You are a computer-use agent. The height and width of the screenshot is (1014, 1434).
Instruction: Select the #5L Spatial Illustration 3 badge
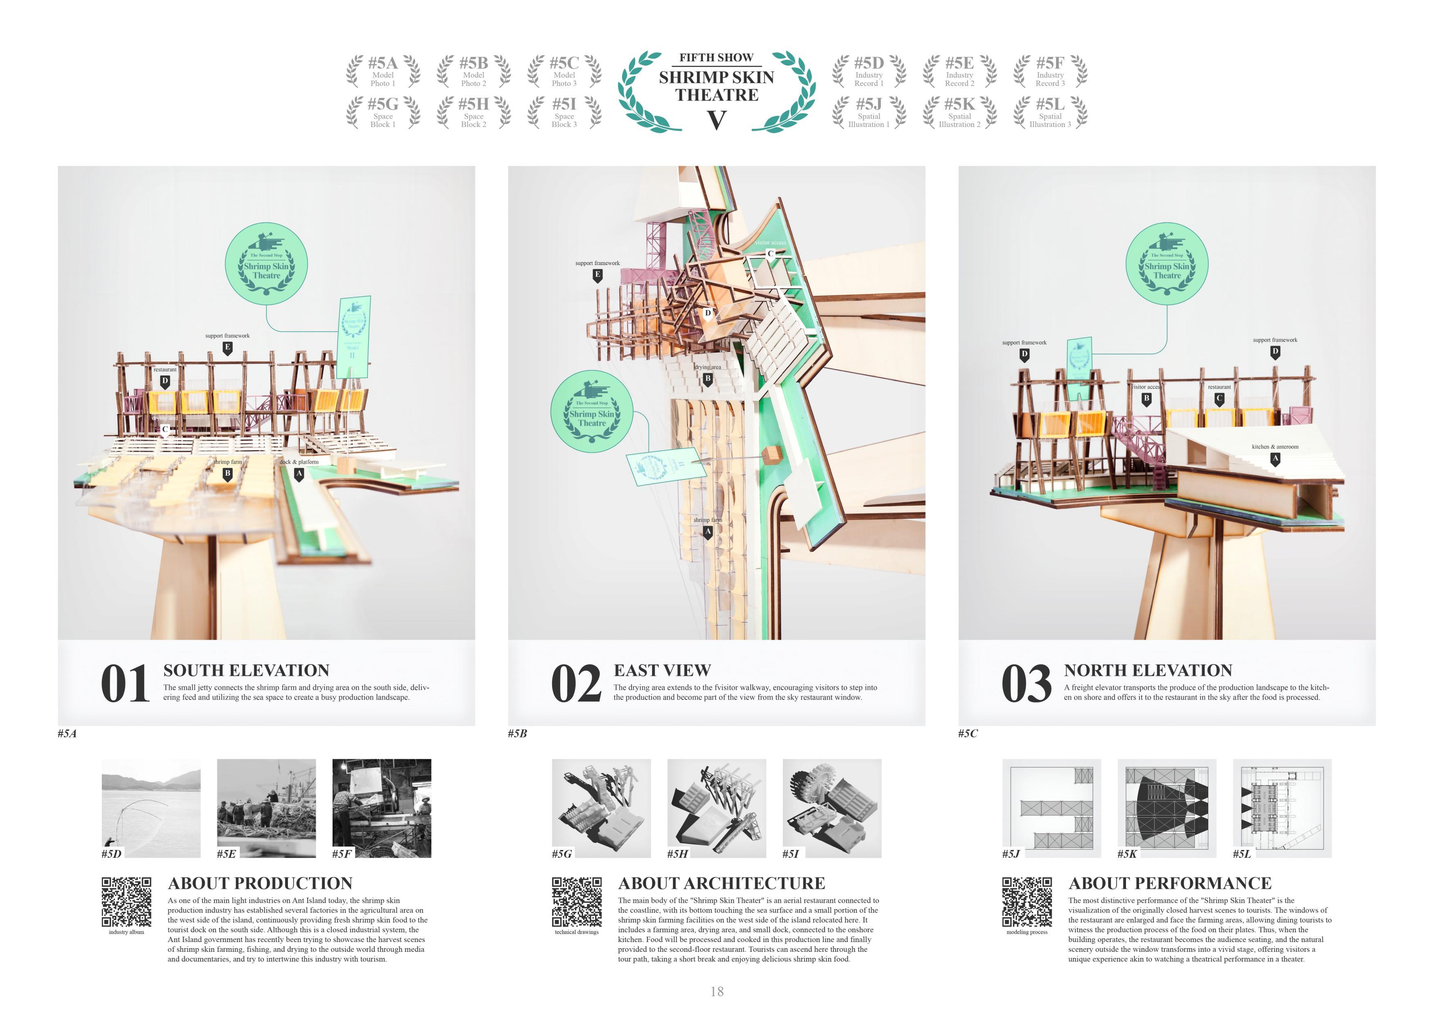coord(1050,112)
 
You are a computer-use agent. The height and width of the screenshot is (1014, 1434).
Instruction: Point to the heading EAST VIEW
coord(662,670)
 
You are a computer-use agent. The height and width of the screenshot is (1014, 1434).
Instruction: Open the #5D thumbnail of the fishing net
coord(151,808)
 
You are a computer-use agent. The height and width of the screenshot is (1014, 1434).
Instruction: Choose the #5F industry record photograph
coord(382,808)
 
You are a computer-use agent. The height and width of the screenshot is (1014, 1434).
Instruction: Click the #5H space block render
coord(716,808)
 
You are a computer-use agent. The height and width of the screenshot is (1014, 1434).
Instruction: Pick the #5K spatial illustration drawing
coord(1167,808)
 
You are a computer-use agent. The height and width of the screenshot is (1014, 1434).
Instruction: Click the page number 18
coord(717,992)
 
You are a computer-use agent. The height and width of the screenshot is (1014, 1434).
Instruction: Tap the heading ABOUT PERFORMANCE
coord(1170,884)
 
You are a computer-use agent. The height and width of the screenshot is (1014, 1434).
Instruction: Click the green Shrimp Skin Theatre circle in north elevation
coord(1167,264)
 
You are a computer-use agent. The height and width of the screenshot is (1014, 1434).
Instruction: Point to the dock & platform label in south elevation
coord(299,462)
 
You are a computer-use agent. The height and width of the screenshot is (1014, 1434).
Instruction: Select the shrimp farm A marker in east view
coord(708,532)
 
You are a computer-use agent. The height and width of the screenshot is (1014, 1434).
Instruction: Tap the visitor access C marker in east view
coord(771,254)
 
